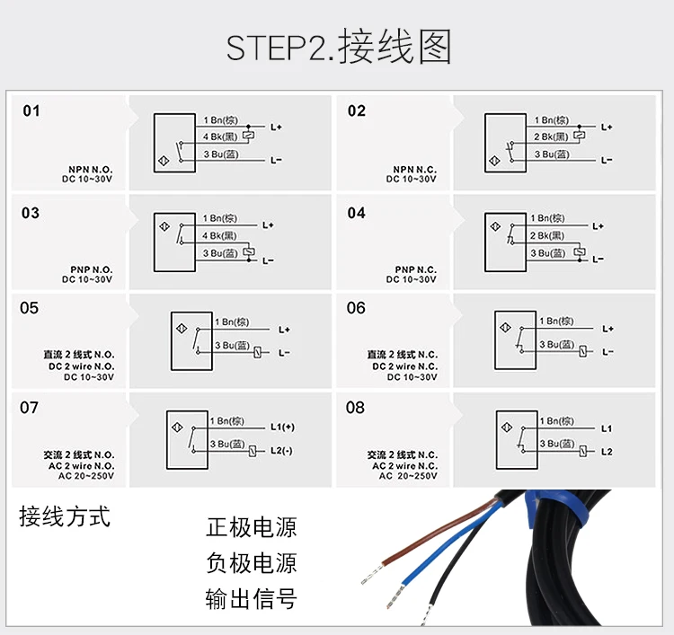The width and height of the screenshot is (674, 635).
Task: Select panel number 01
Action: tap(31, 111)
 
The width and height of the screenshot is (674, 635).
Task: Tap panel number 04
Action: tap(357, 213)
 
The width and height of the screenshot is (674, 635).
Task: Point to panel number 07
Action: tap(30, 408)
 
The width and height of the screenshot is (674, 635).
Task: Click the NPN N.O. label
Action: tap(90, 169)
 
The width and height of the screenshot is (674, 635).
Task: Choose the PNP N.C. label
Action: tap(415, 269)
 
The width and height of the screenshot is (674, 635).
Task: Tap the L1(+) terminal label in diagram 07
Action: tap(282, 427)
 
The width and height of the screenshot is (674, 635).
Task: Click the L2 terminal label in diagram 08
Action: tap(607, 451)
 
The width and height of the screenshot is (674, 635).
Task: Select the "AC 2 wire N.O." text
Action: tap(79, 465)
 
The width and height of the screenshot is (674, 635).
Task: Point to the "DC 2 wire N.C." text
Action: tap(404, 366)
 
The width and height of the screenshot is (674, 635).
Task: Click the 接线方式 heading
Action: tap(65, 517)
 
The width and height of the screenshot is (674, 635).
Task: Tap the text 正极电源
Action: tap(251, 527)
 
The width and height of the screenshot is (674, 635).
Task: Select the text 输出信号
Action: tap(251, 598)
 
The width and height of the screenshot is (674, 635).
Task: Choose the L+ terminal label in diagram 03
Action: tap(268, 225)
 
